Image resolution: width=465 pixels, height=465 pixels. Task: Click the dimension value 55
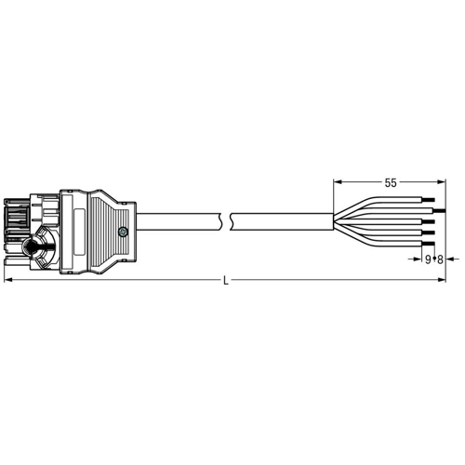coord(391,183)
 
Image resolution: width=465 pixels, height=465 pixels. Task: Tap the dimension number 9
coord(428,259)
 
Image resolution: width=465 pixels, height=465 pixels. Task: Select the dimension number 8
coord(440,259)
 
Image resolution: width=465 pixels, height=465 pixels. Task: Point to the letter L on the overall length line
coord(226,281)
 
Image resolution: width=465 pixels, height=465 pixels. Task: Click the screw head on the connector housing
coord(123,232)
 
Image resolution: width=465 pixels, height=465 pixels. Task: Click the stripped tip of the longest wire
coord(439,211)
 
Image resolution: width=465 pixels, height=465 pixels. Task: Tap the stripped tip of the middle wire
coord(429,221)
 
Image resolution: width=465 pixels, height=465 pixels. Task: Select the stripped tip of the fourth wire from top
coord(429,232)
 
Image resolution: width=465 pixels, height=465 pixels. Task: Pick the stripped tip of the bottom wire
coord(429,244)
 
